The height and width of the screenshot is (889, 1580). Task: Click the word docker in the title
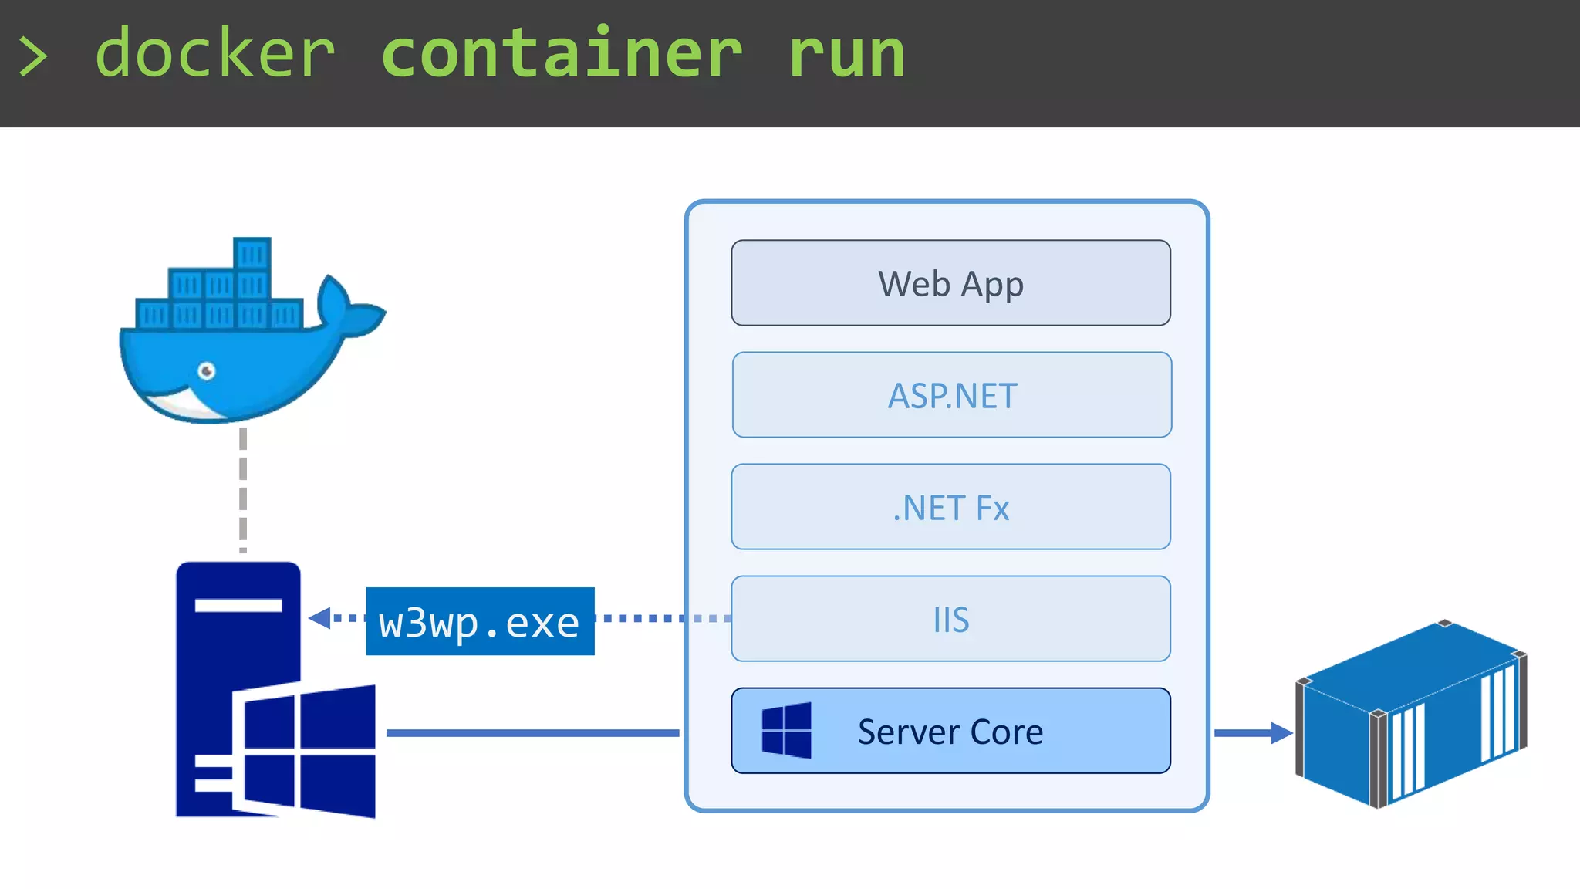tap(214, 54)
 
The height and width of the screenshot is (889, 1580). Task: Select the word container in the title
tap(562, 54)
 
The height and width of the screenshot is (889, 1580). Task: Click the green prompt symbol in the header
tap(33, 57)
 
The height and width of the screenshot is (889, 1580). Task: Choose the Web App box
tap(950, 283)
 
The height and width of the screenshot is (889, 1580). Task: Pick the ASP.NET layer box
tap(951, 395)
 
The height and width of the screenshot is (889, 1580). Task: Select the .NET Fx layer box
tap(950, 507)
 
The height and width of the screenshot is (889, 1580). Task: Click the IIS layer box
tap(950, 619)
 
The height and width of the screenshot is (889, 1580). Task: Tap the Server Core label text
tap(950, 732)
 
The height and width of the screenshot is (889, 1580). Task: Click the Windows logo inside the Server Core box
tap(786, 730)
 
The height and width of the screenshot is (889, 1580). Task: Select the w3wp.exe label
tap(480, 622)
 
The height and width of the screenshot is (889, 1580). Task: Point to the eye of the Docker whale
tap(207, 371)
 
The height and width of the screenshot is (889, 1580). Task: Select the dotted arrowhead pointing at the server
tap(319, 617)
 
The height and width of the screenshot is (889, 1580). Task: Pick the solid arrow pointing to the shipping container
tap(1254, 732)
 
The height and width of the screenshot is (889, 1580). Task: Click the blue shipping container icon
tap(1410, 714)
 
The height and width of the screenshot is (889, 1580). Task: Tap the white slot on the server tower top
tap(238, 605)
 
